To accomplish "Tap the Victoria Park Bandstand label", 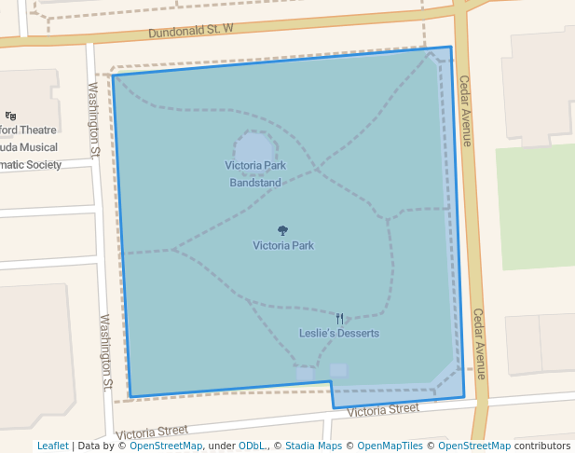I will (254, 174).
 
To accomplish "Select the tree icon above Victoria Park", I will (282, 230).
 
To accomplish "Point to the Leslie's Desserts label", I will (338, 333).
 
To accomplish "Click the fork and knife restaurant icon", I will (339, 318).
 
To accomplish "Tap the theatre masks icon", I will (11, 116).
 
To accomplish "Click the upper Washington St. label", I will (93, 118).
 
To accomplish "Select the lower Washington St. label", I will (106, 351).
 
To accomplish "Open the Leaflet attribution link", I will (52, 446).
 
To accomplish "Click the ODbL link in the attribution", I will (251, 446).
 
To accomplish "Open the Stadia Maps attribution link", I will (314, 446).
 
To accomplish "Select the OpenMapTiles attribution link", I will (390, 446).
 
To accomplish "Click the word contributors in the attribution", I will (542, 446).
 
